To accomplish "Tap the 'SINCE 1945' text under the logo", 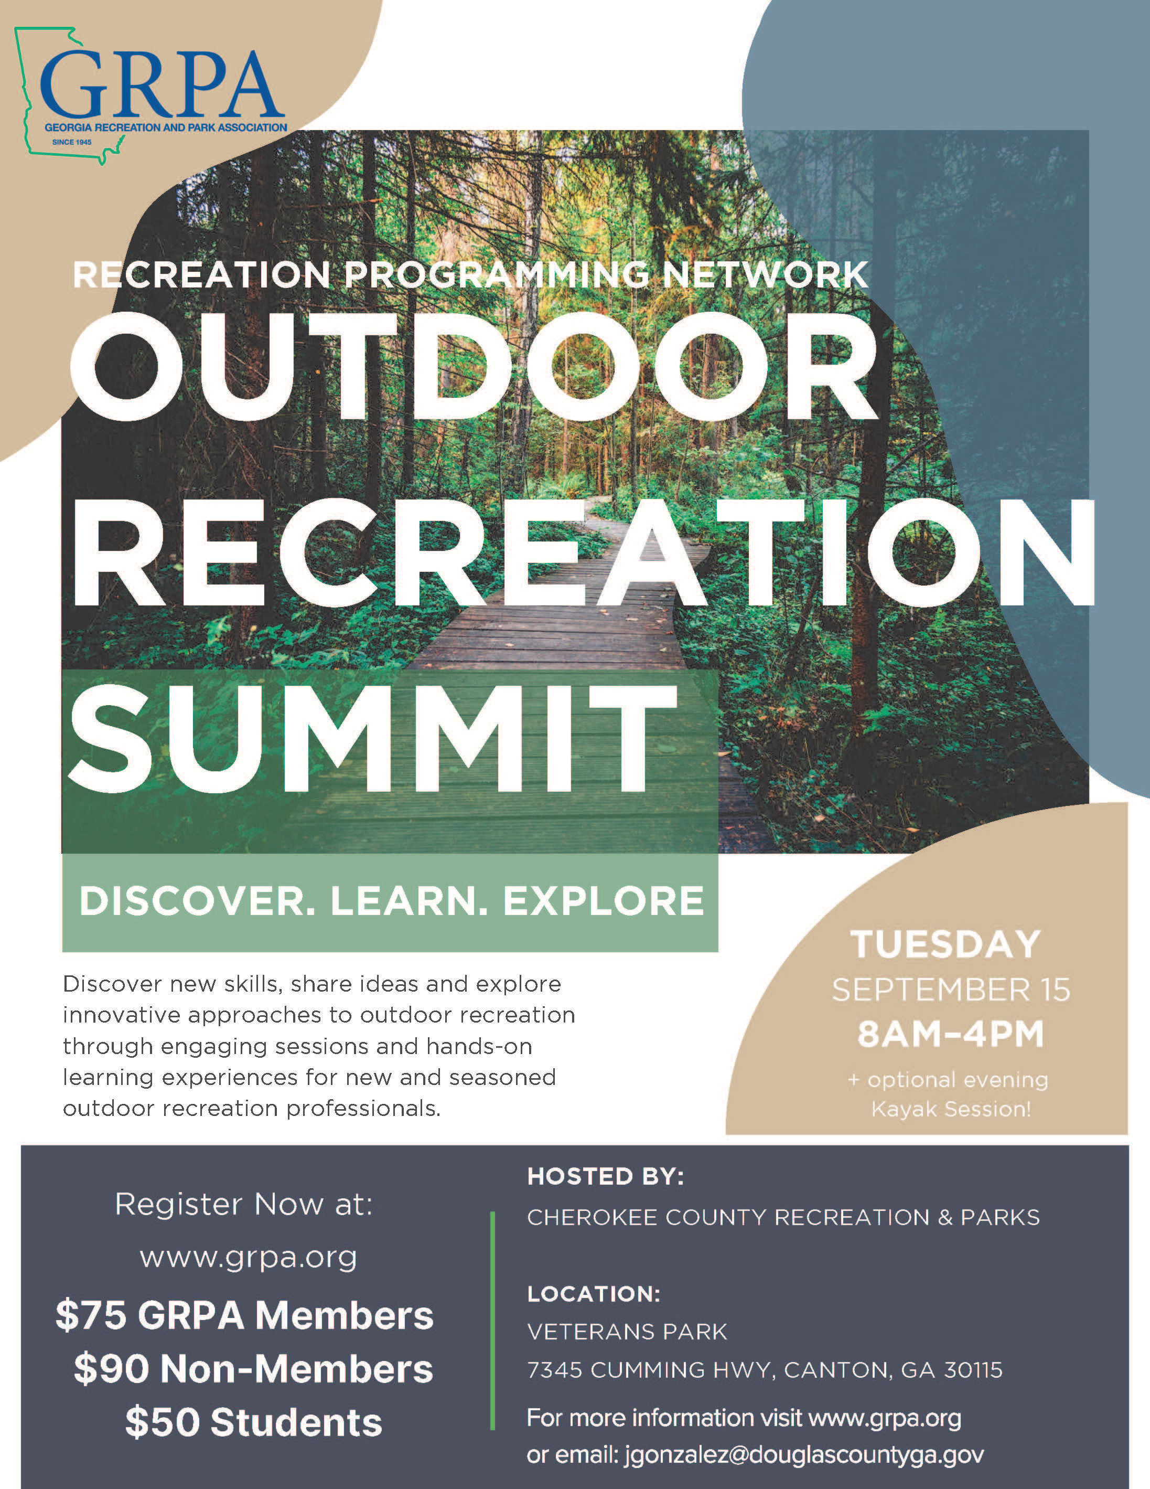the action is [x=71, y=143].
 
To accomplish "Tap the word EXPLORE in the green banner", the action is [x=604, y=901].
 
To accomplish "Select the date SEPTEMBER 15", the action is [x=951, y=990].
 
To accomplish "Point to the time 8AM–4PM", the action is [x=950, y=1034].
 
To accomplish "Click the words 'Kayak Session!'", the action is [x=951, y=1109].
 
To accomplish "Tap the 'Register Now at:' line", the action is [x=244, y=1205].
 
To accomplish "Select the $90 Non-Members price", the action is [x=253, y=1368].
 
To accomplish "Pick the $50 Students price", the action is [x=253, y=1423].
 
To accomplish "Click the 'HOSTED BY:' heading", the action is [x=605, y=1177].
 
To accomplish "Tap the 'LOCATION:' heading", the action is [x=594, y=1294].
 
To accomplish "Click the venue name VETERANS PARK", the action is [x=628, y=1332].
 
